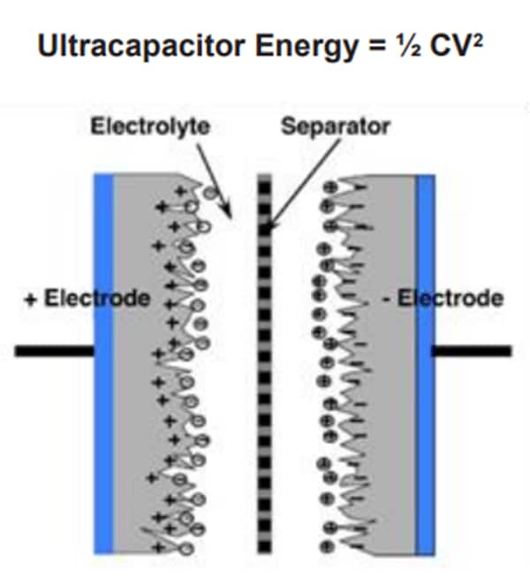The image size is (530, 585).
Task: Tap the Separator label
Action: (335, 127)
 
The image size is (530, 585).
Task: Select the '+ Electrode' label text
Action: (86, 299)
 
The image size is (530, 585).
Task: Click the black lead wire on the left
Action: (53, 352)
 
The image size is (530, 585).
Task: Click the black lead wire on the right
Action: (473, 352)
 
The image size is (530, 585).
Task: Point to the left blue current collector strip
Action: (103, 362)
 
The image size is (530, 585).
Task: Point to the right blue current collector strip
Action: (426, 362)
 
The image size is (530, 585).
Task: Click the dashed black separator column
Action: (263, 362)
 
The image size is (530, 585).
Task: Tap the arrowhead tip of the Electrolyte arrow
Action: (231, 217)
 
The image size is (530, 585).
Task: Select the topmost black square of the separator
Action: (263, 179)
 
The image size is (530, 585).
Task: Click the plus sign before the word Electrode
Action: (30, 299)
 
